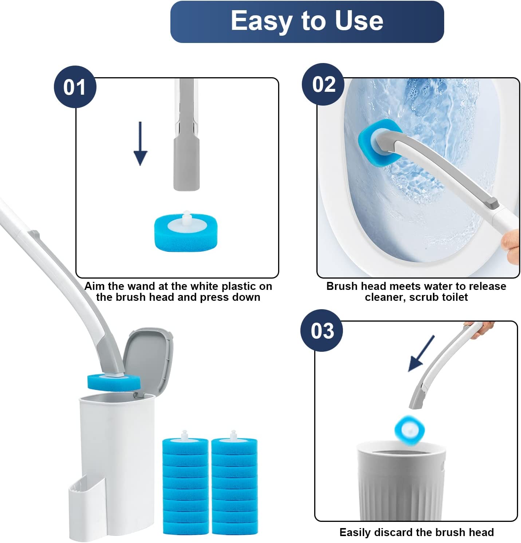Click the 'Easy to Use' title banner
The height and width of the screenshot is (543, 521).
tap(307, 21)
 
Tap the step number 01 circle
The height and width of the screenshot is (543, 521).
tap(75, 87)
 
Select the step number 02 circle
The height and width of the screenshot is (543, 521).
tap(323, 84)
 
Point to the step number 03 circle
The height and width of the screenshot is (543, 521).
tap(322, 331)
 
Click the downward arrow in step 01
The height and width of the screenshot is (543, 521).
tap(141, 144)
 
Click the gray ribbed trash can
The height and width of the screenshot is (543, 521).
tap(400, 481)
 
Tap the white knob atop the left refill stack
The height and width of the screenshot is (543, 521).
tap(185, 434)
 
